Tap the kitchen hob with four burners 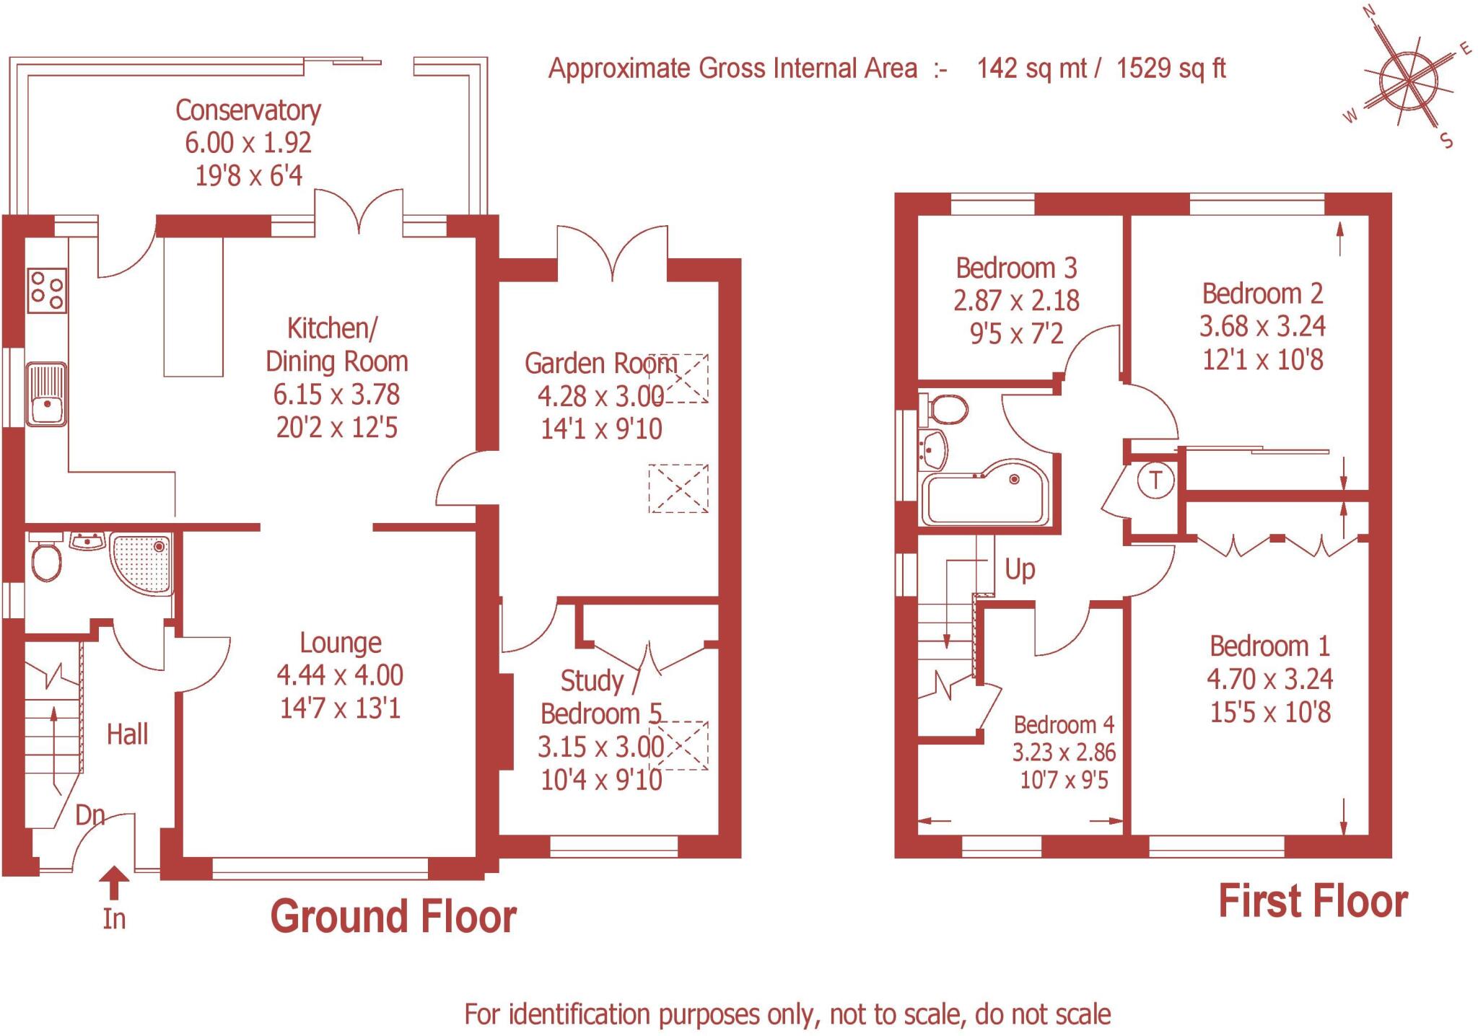47,290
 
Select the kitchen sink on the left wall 46,395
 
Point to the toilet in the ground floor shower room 47,560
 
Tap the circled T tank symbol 1155,480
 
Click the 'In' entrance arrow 114,884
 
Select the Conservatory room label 248,110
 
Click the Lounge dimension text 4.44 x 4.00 340,675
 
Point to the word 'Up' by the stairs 1020,570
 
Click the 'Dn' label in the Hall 90,815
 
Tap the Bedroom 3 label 1015,268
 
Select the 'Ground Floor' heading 393,917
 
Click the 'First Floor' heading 1313,902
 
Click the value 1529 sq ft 1171,69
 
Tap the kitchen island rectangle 193,307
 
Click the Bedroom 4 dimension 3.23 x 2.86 1064,752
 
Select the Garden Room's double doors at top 612,253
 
